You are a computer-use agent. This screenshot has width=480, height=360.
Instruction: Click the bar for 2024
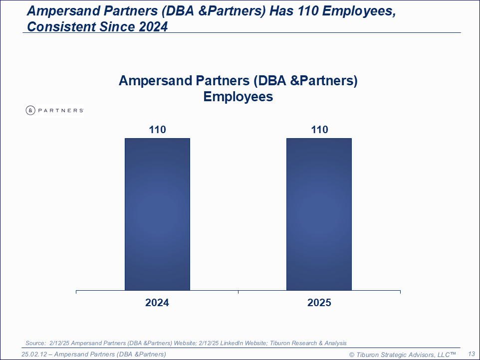[157, 214]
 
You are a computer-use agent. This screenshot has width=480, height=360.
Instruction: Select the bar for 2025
[319, 214]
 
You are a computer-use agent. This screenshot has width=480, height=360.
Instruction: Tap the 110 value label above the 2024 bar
[157, 130]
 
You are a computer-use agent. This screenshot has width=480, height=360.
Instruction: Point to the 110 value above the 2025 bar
[320, 130]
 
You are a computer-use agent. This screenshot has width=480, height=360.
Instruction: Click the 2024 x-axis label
[157, 303]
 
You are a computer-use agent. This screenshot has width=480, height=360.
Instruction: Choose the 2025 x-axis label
[319, 303]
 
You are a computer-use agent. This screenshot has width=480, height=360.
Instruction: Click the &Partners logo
[55, 110]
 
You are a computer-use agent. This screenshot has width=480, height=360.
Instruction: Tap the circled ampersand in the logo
[30, 110]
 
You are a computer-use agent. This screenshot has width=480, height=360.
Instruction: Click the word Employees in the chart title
[238, 97]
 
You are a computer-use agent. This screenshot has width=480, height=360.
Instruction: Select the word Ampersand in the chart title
[155, 81]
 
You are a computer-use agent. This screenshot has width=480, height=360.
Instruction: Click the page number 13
[472, 354]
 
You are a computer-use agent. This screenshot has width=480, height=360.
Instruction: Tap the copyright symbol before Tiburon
[352, 355]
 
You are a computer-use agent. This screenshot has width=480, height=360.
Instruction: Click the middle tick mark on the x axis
[238, 292]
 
